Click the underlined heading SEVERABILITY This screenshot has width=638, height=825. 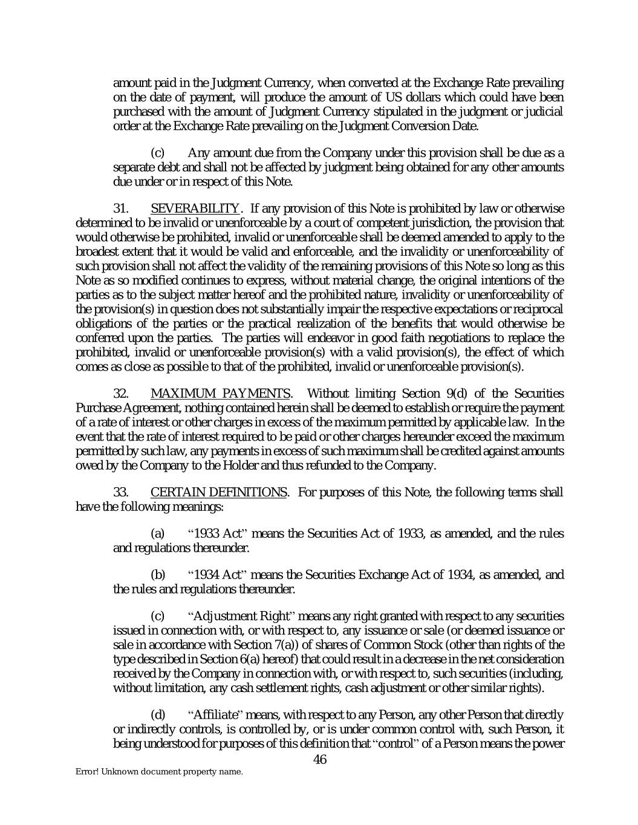(x=195, y=209)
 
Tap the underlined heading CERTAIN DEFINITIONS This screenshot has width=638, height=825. (x=218, y=493)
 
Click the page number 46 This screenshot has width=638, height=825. (x=320, y=760)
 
